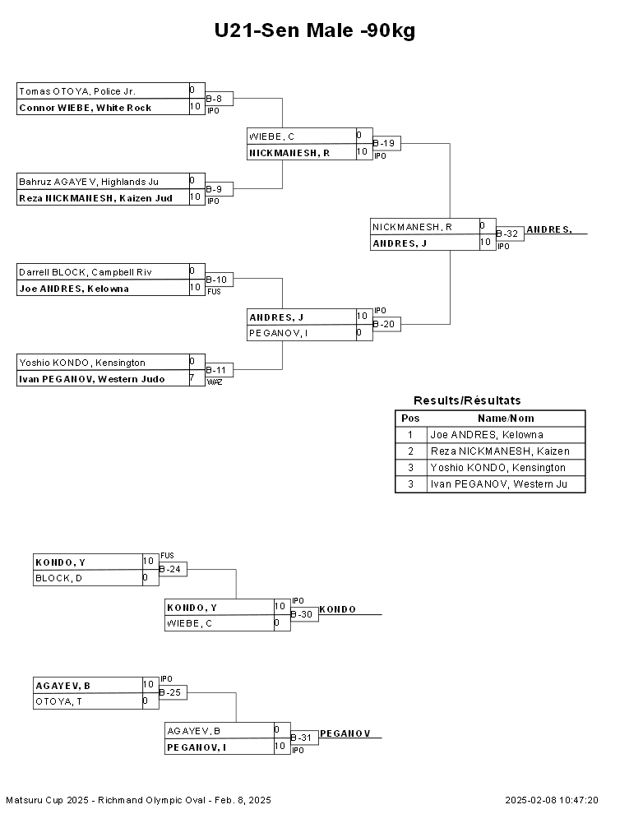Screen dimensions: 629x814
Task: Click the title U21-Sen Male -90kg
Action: click(314, 30)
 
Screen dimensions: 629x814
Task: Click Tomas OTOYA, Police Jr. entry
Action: click(77, 91)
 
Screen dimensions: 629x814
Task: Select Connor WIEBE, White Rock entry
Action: click(86, 108)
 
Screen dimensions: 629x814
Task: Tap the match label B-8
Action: click(214, 99)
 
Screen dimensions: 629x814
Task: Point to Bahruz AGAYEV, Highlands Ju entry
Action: click(89, 182)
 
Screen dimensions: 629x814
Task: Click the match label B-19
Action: click(383, 143)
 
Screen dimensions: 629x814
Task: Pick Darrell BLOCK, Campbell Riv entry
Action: click(86, 272)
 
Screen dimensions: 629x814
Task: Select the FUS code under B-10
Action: click(214, 292)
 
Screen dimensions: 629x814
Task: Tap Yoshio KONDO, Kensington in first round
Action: click(82, 363)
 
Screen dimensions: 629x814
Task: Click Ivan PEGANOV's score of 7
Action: click(192, 378)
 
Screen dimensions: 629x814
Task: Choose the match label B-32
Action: click(507, 234)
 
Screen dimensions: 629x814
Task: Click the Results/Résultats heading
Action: click(467, 400)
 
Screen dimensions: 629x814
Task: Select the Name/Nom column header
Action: click(506, 419)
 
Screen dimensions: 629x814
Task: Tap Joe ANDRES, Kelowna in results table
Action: click(487, 434)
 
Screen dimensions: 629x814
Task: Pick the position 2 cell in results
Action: click(410, 451)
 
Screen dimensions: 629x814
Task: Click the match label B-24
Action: click(169, 570)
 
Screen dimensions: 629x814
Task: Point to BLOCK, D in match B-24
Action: click(58, 578)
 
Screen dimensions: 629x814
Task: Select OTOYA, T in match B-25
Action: click(58, 701)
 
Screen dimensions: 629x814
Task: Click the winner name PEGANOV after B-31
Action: click(345, 733)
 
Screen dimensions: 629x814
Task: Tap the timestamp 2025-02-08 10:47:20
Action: click(552, 800)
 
